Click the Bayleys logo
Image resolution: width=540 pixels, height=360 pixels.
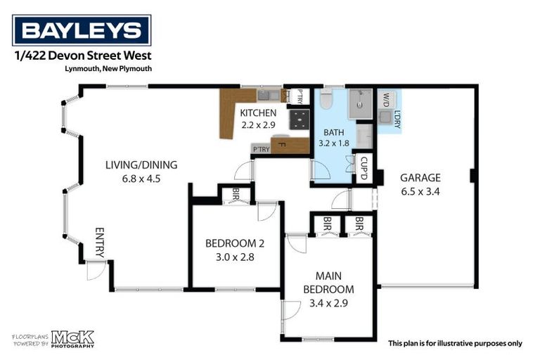point(82,31)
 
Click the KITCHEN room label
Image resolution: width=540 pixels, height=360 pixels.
point(257,113)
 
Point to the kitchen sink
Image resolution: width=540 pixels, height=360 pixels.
point(266,94)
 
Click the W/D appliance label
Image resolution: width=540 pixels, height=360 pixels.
point(386,99)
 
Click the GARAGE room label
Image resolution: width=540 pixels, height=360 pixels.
point(420,178)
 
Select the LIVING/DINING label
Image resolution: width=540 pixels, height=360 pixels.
point(141,165)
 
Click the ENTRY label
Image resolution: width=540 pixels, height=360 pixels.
point(99,243)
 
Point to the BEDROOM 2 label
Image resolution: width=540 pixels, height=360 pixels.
point(235,244)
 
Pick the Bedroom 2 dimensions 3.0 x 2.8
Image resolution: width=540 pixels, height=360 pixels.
point(235,257)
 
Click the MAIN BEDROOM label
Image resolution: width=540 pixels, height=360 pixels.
point(328,283)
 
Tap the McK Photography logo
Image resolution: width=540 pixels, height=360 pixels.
point(71,339)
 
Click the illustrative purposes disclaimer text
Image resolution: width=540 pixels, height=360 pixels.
point(456,344)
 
